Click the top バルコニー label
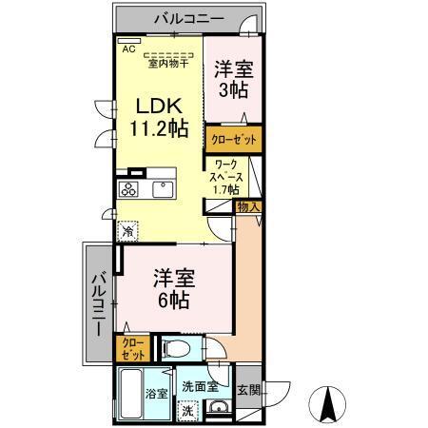185,17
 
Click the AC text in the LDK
126,44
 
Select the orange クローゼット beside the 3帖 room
234,138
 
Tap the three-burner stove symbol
128,188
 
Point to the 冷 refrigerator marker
126,230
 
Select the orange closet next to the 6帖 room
128,348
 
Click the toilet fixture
176,348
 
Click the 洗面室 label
201,387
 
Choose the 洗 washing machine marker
188,412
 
